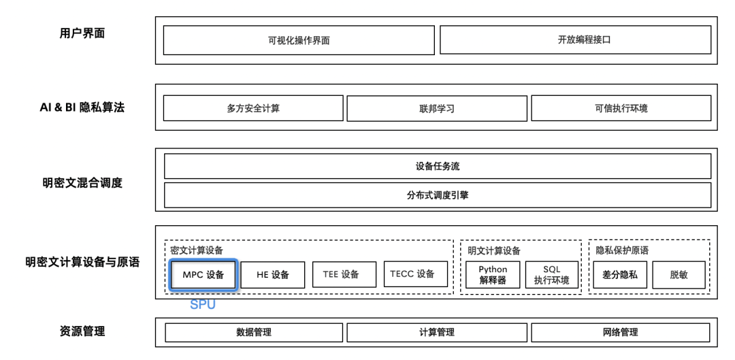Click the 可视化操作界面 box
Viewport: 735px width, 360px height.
coord(299,40)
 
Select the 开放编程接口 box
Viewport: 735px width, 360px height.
coord(575,39)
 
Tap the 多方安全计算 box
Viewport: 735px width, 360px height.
coord(253,108)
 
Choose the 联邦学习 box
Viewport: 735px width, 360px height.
coord(437,108)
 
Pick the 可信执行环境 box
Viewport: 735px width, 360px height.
coord(621,108)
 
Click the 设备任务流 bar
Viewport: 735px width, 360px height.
coord(437,166)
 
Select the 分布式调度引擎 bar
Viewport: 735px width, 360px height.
coord(437,195)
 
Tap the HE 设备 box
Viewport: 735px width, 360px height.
coord(273,275)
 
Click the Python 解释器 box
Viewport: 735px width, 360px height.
coord(492,275)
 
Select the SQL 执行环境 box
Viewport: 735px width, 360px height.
coord(552,275)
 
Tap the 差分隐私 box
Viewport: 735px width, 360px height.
coord(620,275)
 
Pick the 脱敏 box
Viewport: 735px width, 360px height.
coord(679,275)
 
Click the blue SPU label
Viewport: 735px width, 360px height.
coord(203,305)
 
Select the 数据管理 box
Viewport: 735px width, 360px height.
coord(253,332)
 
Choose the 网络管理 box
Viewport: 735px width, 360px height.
coord(621,332)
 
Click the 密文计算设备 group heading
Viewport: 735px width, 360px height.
coord(197,250)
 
